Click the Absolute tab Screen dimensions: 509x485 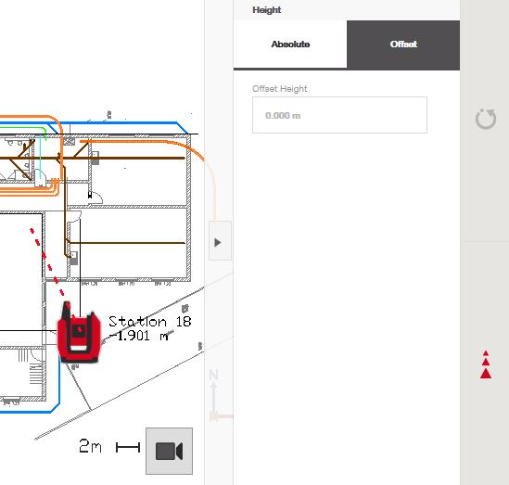[290, 45]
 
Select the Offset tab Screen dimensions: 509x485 [403, 45]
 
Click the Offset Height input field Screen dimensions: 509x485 [339, 115]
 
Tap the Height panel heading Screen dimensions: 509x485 [267, 10]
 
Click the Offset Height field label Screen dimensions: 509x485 [279, 89]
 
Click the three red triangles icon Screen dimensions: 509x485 [486, 364]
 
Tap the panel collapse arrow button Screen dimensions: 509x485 [220, 240]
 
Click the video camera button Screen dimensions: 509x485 [169, 451]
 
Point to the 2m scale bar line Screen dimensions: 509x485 [128, 447]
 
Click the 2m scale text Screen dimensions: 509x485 [90, 446]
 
